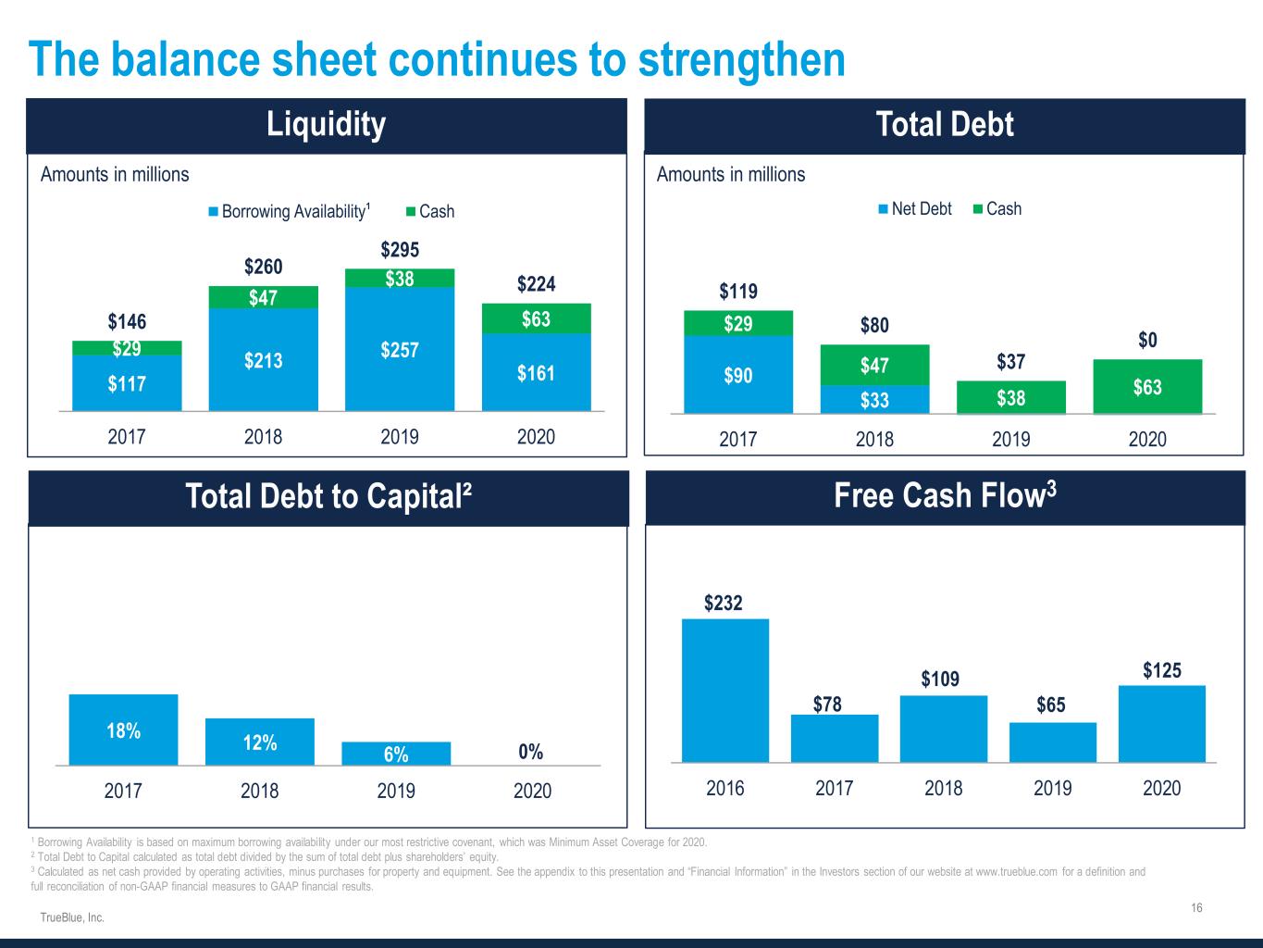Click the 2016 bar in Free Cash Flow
tap(725, 690)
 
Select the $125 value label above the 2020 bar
tap(1161, 670)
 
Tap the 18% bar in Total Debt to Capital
tap(123, 730)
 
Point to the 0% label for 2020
tap(531, 752)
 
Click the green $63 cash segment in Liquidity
tap(536, 318)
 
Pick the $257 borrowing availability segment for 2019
tap(400, 350)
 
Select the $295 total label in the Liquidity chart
tap(400, 250)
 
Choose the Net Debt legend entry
tap(915, 208)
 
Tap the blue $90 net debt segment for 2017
tap(737, 375)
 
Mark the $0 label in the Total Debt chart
tap(1147, 341)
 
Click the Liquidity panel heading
tap(326, 124)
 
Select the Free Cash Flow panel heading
tap(945, 496)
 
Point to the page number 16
tap(1196, 907)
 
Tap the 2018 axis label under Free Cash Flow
tap(944, 788)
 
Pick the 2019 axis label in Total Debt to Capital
tap(396, 791)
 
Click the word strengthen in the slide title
tap(741, 59)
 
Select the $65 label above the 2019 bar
tap(1052, 705)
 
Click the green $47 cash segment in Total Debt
tap(874, 365)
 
